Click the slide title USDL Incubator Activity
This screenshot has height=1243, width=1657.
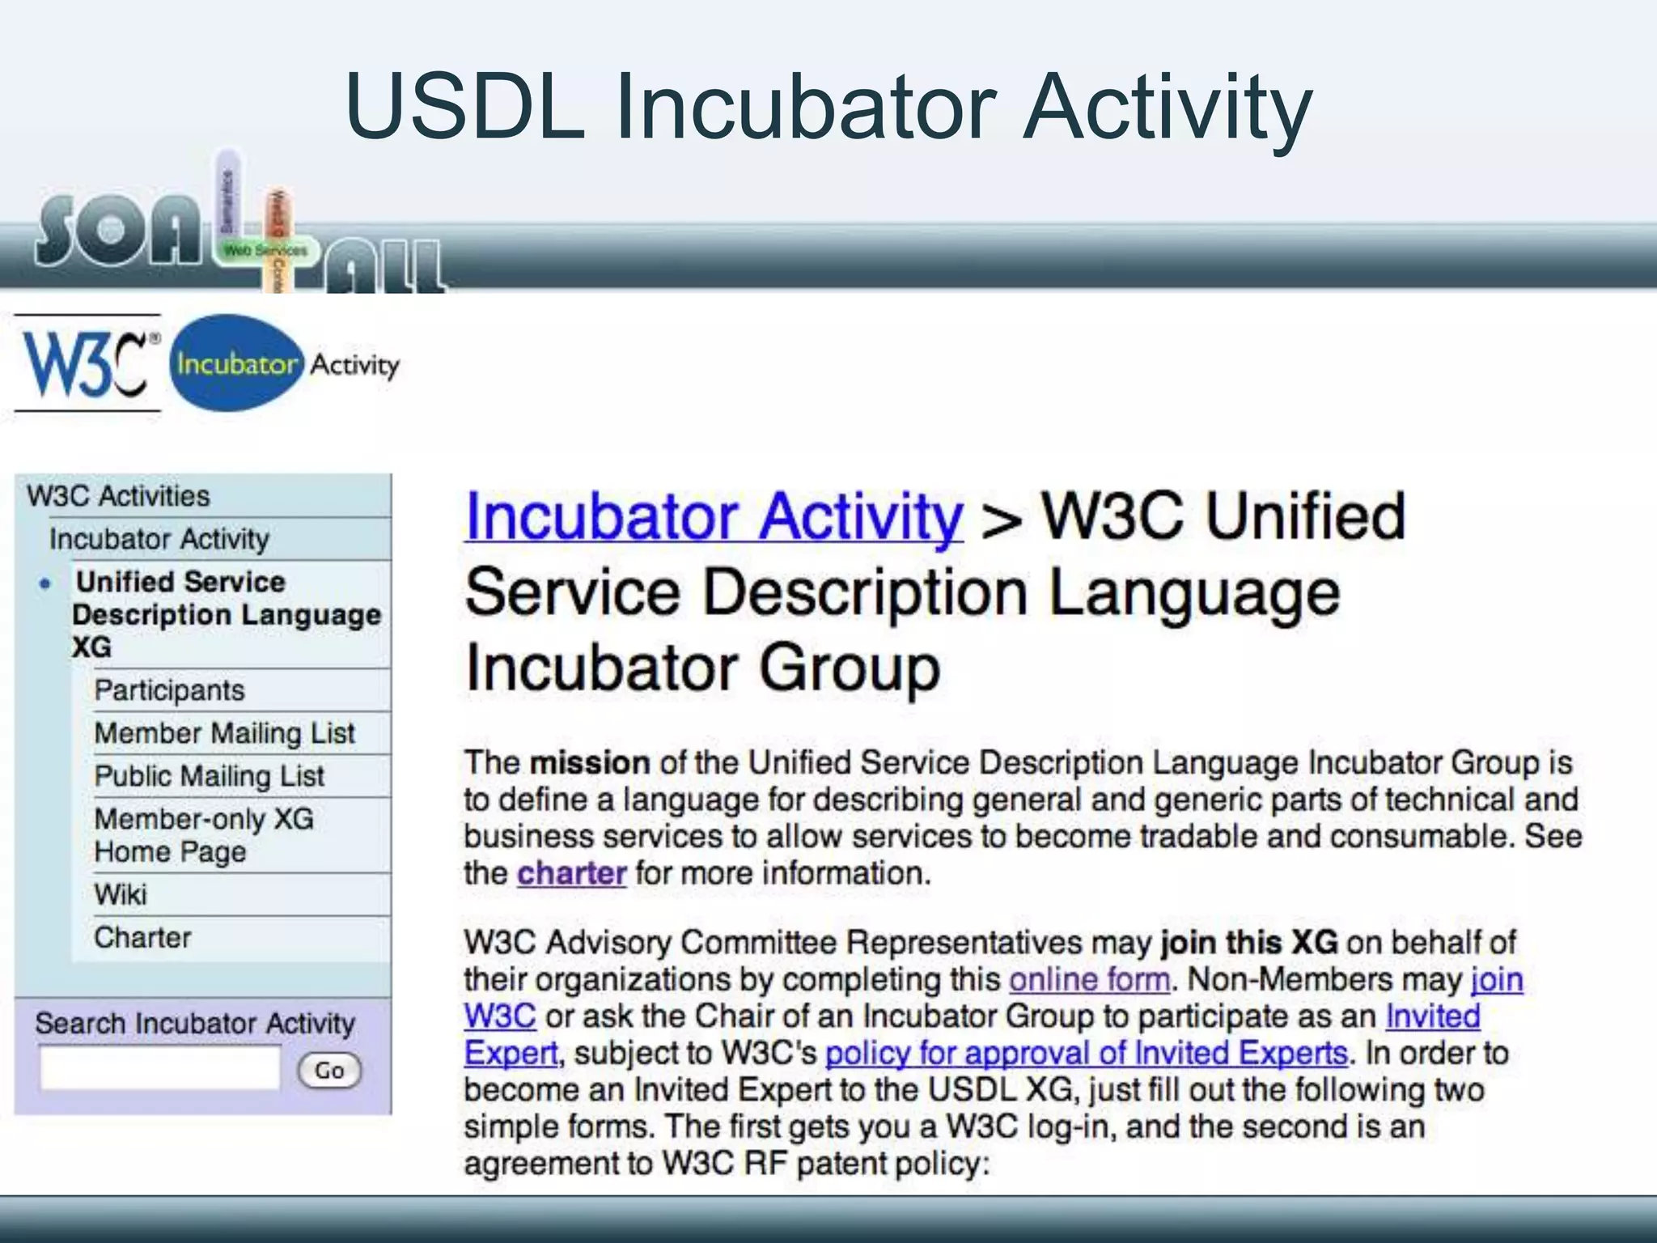[x=828, y=107]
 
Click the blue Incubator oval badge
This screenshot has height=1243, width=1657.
[x=236, y=363]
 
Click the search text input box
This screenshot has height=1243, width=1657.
[x=160, y=1068]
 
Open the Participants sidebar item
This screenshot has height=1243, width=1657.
[x=169, y=690]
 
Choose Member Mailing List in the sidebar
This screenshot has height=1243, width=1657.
[x=224, y=733]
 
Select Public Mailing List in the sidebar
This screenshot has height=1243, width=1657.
[x=209, y=776]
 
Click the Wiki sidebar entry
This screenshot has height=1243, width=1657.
[x=121, y=895]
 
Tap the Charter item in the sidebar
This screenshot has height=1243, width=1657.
[x=142, y=938]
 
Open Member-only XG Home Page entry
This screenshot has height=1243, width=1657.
[x=203, y=835]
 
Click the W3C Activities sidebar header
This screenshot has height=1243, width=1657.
[x=118, y=496]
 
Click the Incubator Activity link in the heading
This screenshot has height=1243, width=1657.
[x=714, y=518]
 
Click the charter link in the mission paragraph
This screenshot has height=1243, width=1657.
[x=571, y=873]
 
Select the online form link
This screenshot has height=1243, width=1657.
[x=1089, y=980]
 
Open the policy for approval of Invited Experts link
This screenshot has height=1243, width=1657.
[x=1086, y=1054]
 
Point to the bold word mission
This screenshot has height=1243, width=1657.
[x=590, y=763]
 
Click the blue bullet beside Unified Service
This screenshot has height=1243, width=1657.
[x=46, y=583]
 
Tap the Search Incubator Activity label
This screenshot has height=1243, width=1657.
[x=195, y=1024]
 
